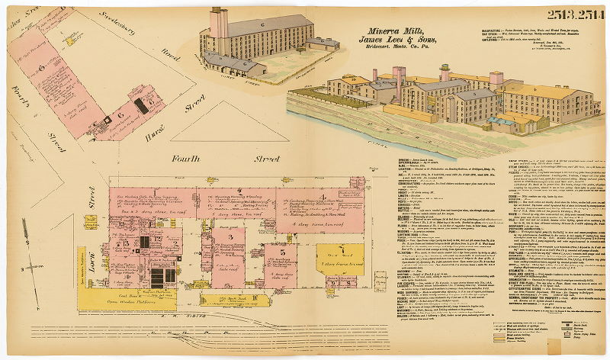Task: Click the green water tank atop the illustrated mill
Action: pyautogui.click(x=447, y=75)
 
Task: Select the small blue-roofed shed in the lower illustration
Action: pyautogui.click(x=504, y=122)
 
